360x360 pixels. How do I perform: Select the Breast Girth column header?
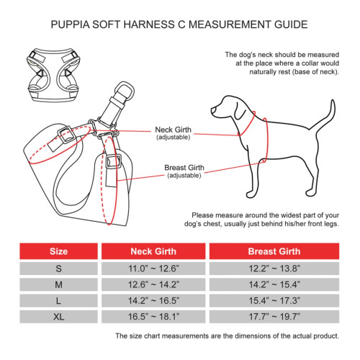274,252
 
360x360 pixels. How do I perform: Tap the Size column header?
58,252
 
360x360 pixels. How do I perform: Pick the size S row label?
58,268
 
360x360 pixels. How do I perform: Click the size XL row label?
58,315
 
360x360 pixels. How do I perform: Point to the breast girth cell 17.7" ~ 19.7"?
274,315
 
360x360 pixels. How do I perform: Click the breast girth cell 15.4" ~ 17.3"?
274,300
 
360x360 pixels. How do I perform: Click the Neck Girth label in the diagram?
174,130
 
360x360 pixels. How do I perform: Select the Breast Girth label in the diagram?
184,168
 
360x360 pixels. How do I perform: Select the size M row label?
58,284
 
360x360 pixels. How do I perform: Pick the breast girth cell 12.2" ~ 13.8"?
274,268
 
